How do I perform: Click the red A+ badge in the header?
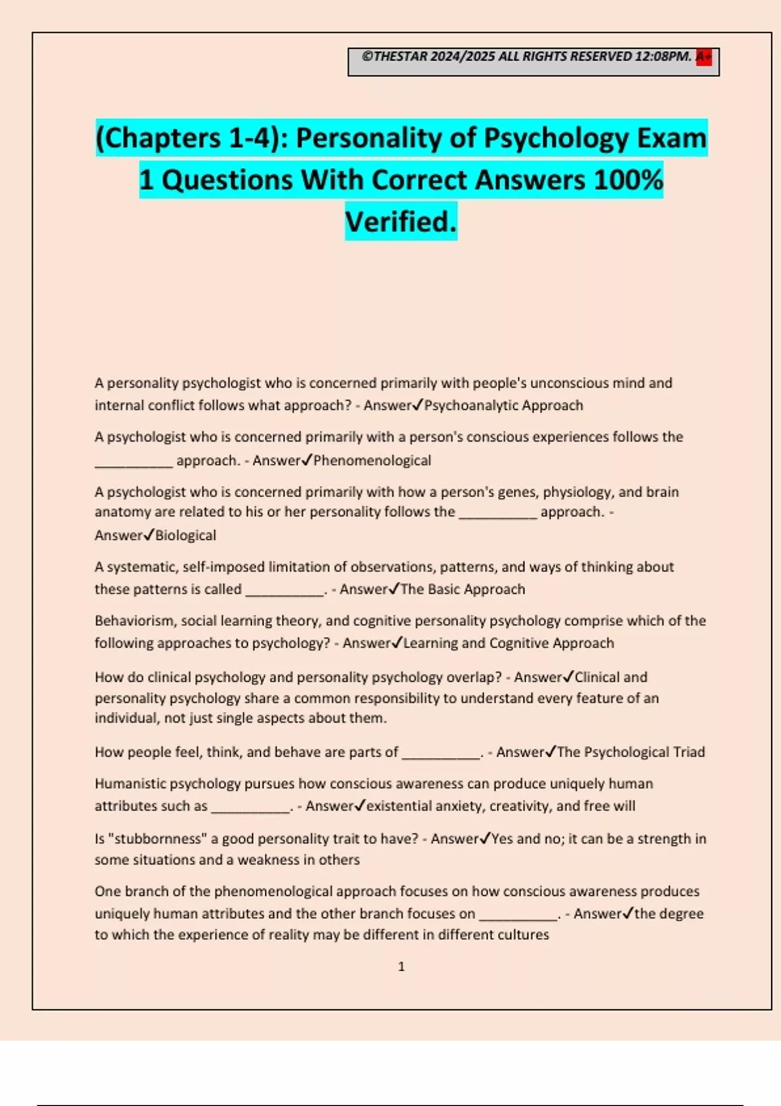click(x=704, y=57)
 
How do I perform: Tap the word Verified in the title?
click(x=400, y=222)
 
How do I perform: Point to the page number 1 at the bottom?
click(x=402, y=967)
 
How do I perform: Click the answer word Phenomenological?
click(x=372, y=461)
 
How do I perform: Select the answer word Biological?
click(x=185, y=535)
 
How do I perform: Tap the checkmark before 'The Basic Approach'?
click(x=394, y=589)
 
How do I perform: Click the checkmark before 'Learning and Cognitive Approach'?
click(x=397, y=643)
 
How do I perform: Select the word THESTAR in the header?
click(x=401, y=57)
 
